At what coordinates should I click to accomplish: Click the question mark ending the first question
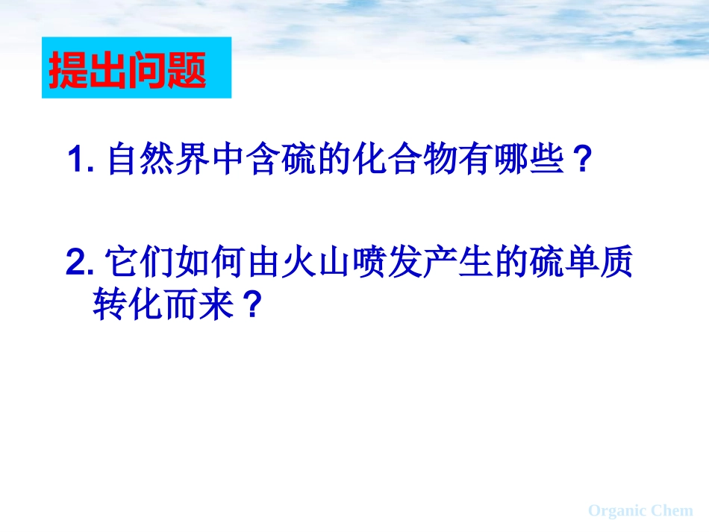click(x=583, y=160)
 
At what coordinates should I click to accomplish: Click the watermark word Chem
click(x=672, y=511)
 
